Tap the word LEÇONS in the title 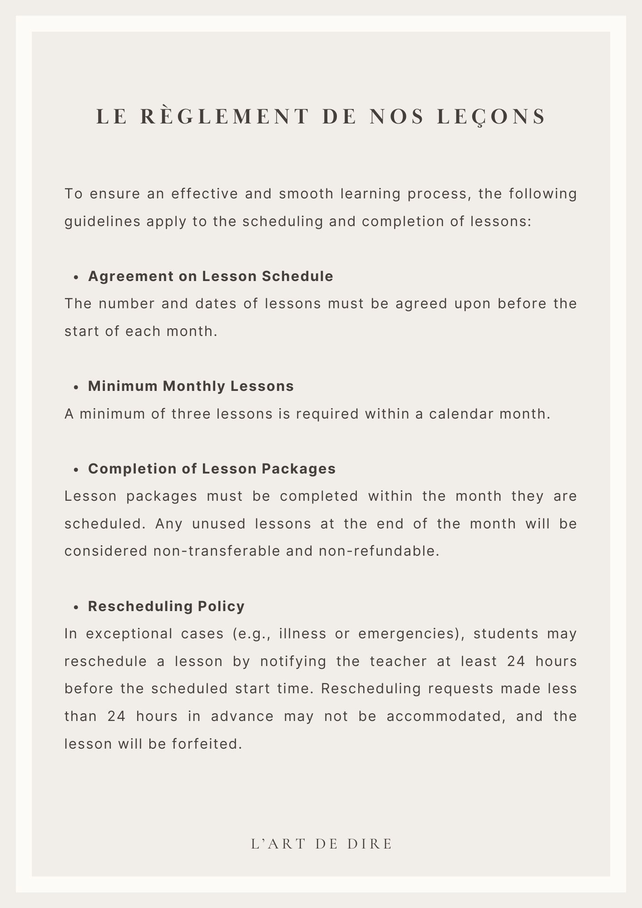pyautogui.click(x=492, y=116)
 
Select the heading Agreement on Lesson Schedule pyautogui.click(x=211, y=276)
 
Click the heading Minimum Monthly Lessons pyautogui.click(x=191, y=386)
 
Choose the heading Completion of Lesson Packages pyautogui.click(x=212, y=469)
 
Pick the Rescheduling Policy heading pyautogui.click(x=166, y=606)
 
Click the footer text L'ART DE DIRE pyautogui.click(x=321, y=844)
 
